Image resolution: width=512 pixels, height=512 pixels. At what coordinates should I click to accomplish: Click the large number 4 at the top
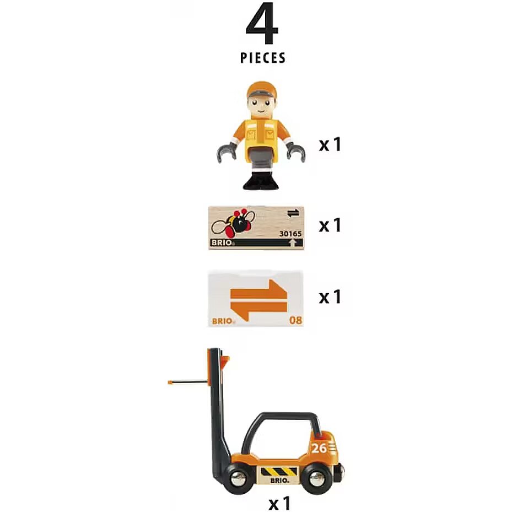262,24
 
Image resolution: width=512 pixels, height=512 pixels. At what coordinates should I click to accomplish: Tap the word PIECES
263,58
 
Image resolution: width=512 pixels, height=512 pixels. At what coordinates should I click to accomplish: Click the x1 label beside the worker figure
330,144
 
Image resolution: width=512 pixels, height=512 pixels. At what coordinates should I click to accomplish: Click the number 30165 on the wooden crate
290,234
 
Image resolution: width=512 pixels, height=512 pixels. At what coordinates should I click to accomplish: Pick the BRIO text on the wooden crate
222,242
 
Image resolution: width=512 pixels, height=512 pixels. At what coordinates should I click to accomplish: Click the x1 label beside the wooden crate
330,225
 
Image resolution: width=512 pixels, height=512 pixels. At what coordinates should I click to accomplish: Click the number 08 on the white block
296,320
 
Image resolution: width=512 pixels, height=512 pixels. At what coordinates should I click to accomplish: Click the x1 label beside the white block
330,297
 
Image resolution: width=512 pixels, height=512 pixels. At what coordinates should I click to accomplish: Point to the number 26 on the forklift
319,448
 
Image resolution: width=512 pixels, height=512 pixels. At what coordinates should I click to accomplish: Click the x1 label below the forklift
279,503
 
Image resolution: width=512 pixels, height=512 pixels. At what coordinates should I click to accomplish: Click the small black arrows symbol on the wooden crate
293,213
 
